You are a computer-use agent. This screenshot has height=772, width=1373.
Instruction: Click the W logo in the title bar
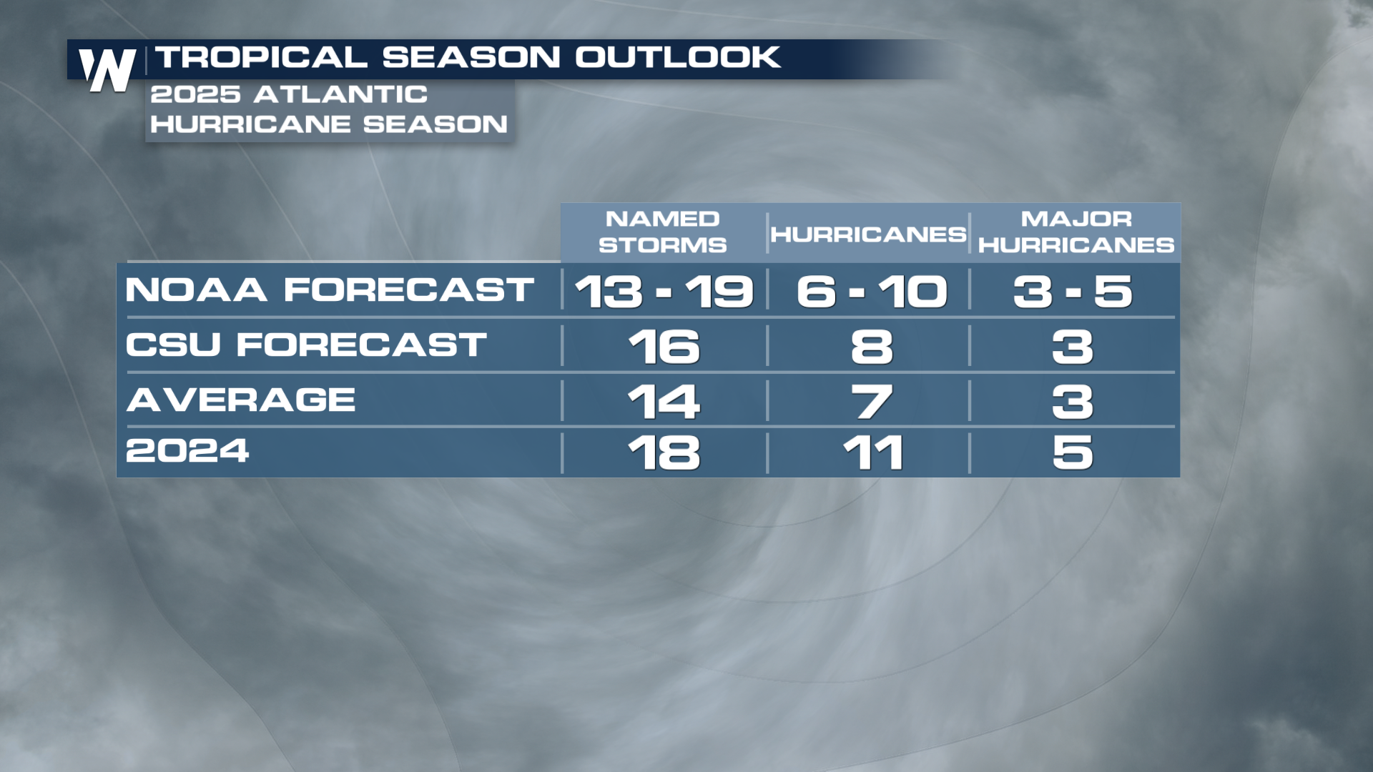107,69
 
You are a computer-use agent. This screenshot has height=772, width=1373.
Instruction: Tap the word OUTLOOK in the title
678,57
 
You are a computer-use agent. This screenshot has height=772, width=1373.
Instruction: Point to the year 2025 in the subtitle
195,94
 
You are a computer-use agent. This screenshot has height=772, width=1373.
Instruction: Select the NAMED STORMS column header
662,232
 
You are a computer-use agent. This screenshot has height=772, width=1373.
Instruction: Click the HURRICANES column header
868,234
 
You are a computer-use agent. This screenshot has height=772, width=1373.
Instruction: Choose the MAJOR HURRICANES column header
1076,232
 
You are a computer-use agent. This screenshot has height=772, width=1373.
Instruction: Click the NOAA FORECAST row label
330,289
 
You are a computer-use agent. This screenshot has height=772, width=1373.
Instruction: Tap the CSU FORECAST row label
306,345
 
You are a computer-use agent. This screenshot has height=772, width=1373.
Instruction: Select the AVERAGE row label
241,399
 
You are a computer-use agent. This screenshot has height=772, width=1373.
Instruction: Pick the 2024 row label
187,450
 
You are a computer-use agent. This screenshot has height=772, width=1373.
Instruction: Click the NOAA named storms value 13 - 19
664,292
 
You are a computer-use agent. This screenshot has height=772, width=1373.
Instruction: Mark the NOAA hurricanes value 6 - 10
872,292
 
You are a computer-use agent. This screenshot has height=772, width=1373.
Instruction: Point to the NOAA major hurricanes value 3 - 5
1073,292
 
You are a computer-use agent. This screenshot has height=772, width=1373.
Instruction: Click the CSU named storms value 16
664,347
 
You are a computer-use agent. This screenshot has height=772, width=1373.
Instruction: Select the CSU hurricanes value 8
872,347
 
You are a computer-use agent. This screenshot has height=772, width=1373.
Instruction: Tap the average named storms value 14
664,402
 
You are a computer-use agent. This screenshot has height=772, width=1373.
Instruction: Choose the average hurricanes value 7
872,402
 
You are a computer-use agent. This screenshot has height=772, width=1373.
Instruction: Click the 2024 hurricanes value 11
873,452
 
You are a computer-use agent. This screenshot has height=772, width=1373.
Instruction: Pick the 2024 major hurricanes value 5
1073,452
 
